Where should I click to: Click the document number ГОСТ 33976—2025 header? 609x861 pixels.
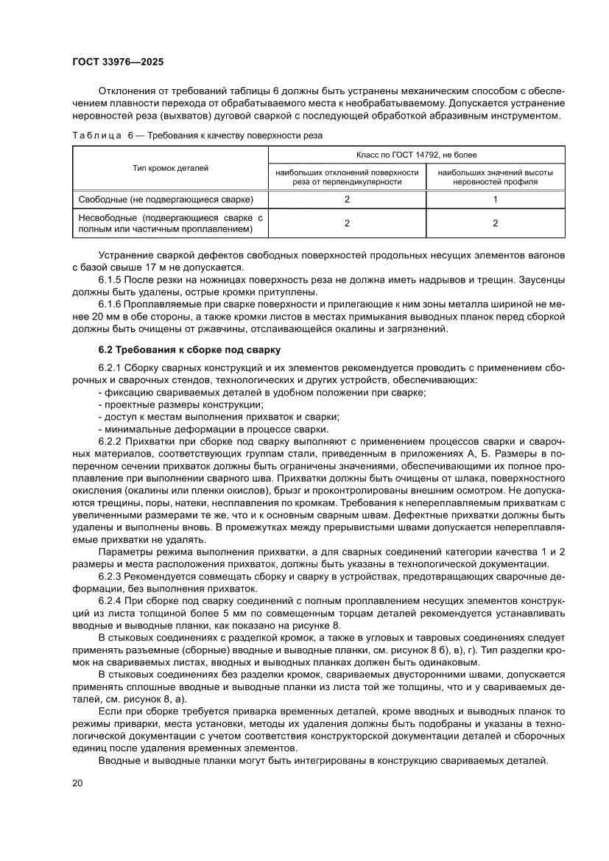point(122,63)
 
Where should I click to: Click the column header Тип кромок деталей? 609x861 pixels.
point(170,169)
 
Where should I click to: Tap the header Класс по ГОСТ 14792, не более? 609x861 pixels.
point(417,155)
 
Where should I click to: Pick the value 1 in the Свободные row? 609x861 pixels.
point(496,200)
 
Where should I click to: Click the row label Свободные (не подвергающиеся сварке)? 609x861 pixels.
point(166,200)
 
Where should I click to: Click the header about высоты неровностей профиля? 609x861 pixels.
point(496,177)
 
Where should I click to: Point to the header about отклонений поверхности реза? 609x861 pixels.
point(347,177)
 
